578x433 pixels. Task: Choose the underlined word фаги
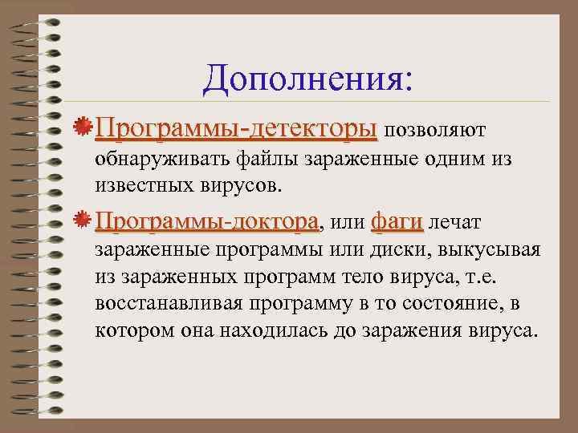pyautogui.click(x=397, y=221)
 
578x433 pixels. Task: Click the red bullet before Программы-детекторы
pyautogui.click(x=81, y=127)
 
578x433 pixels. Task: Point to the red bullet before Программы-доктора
pyautogui.click(x=81, y=219)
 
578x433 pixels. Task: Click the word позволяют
pyautogui.click(x=433, y=129)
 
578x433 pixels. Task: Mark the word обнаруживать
pyautogui.click(x=163, y=159)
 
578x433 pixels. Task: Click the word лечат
pyautogui.click(x=457, y=221)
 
